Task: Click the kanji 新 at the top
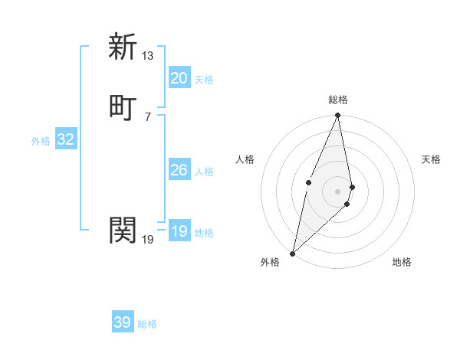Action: [123, 47]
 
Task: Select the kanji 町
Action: [123, 106]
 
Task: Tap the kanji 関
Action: [123, 230]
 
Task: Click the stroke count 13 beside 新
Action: [148, 56]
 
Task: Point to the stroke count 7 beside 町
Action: [148, 116]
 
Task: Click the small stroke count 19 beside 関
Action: [148, 240]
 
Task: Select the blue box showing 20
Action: [179, 78]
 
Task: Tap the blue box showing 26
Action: [179, 170]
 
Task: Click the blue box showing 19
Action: [179, 231]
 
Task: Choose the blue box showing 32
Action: [65, 139]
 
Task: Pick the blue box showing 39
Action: [123, 322]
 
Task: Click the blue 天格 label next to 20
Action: [204, 80]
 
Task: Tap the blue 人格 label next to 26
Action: [204, 172]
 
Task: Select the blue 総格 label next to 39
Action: [147, 324]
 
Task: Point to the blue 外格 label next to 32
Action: [41, 141]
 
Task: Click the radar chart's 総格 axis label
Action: [338, 100]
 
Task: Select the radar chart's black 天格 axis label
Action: [432, 159]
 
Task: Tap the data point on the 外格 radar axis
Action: [293, 253]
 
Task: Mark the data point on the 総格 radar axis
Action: [338, 116]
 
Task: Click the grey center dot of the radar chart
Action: [338, 191]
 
